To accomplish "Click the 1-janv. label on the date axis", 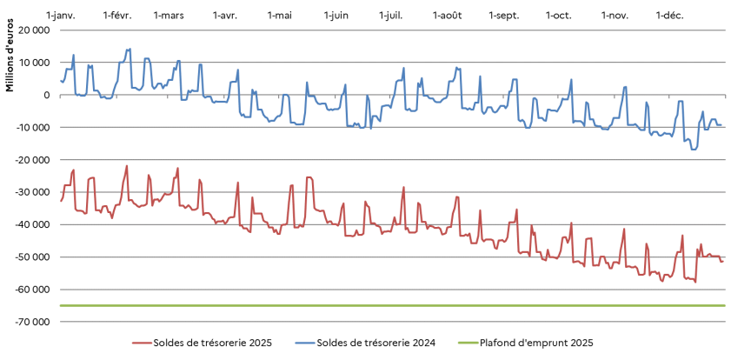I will (x=60, y=16).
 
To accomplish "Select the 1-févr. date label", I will (x=116, y=16).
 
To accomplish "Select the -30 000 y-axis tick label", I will (x=31, y=192).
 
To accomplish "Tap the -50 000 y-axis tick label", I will (x=31, y=257).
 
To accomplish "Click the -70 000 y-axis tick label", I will (x=31, y=322).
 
